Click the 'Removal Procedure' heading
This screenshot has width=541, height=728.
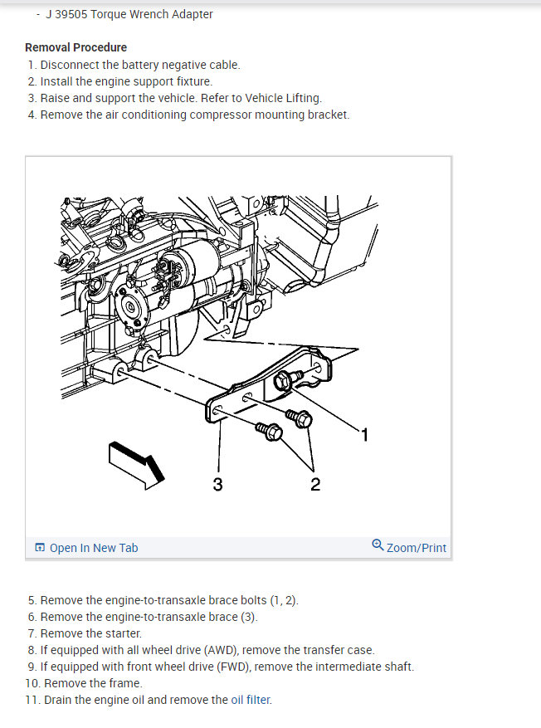pyautogui.click(x=76, y=47)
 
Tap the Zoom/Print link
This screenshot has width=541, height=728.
pyautogui.click(x=417, y=548)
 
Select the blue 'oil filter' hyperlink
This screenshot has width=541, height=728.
pyautogui.click(x=251, y=700)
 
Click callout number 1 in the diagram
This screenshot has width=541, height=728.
pyautogui.click(x=365, y=435)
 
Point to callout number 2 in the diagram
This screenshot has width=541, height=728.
pyautogui.click(x=315, y=484)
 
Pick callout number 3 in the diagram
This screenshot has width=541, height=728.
pyautogui.click(x=217, y=484)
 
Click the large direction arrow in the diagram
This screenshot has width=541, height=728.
pyautogui.click(x=136, y=465)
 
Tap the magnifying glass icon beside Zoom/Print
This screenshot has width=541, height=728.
pyautogui.click(x=378, y=545)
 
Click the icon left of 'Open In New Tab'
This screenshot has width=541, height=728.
pyautogui.click(x=40, y=547)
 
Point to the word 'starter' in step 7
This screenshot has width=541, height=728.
pyautogui.click(x=124, y=633)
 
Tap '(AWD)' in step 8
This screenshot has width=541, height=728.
pyautogui.click(x=221, y=650)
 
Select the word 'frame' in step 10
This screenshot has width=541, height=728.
pyautogui.click(x=126, y=683)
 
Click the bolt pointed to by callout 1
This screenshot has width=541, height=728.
pyautogui.click(x=287, y=379)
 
